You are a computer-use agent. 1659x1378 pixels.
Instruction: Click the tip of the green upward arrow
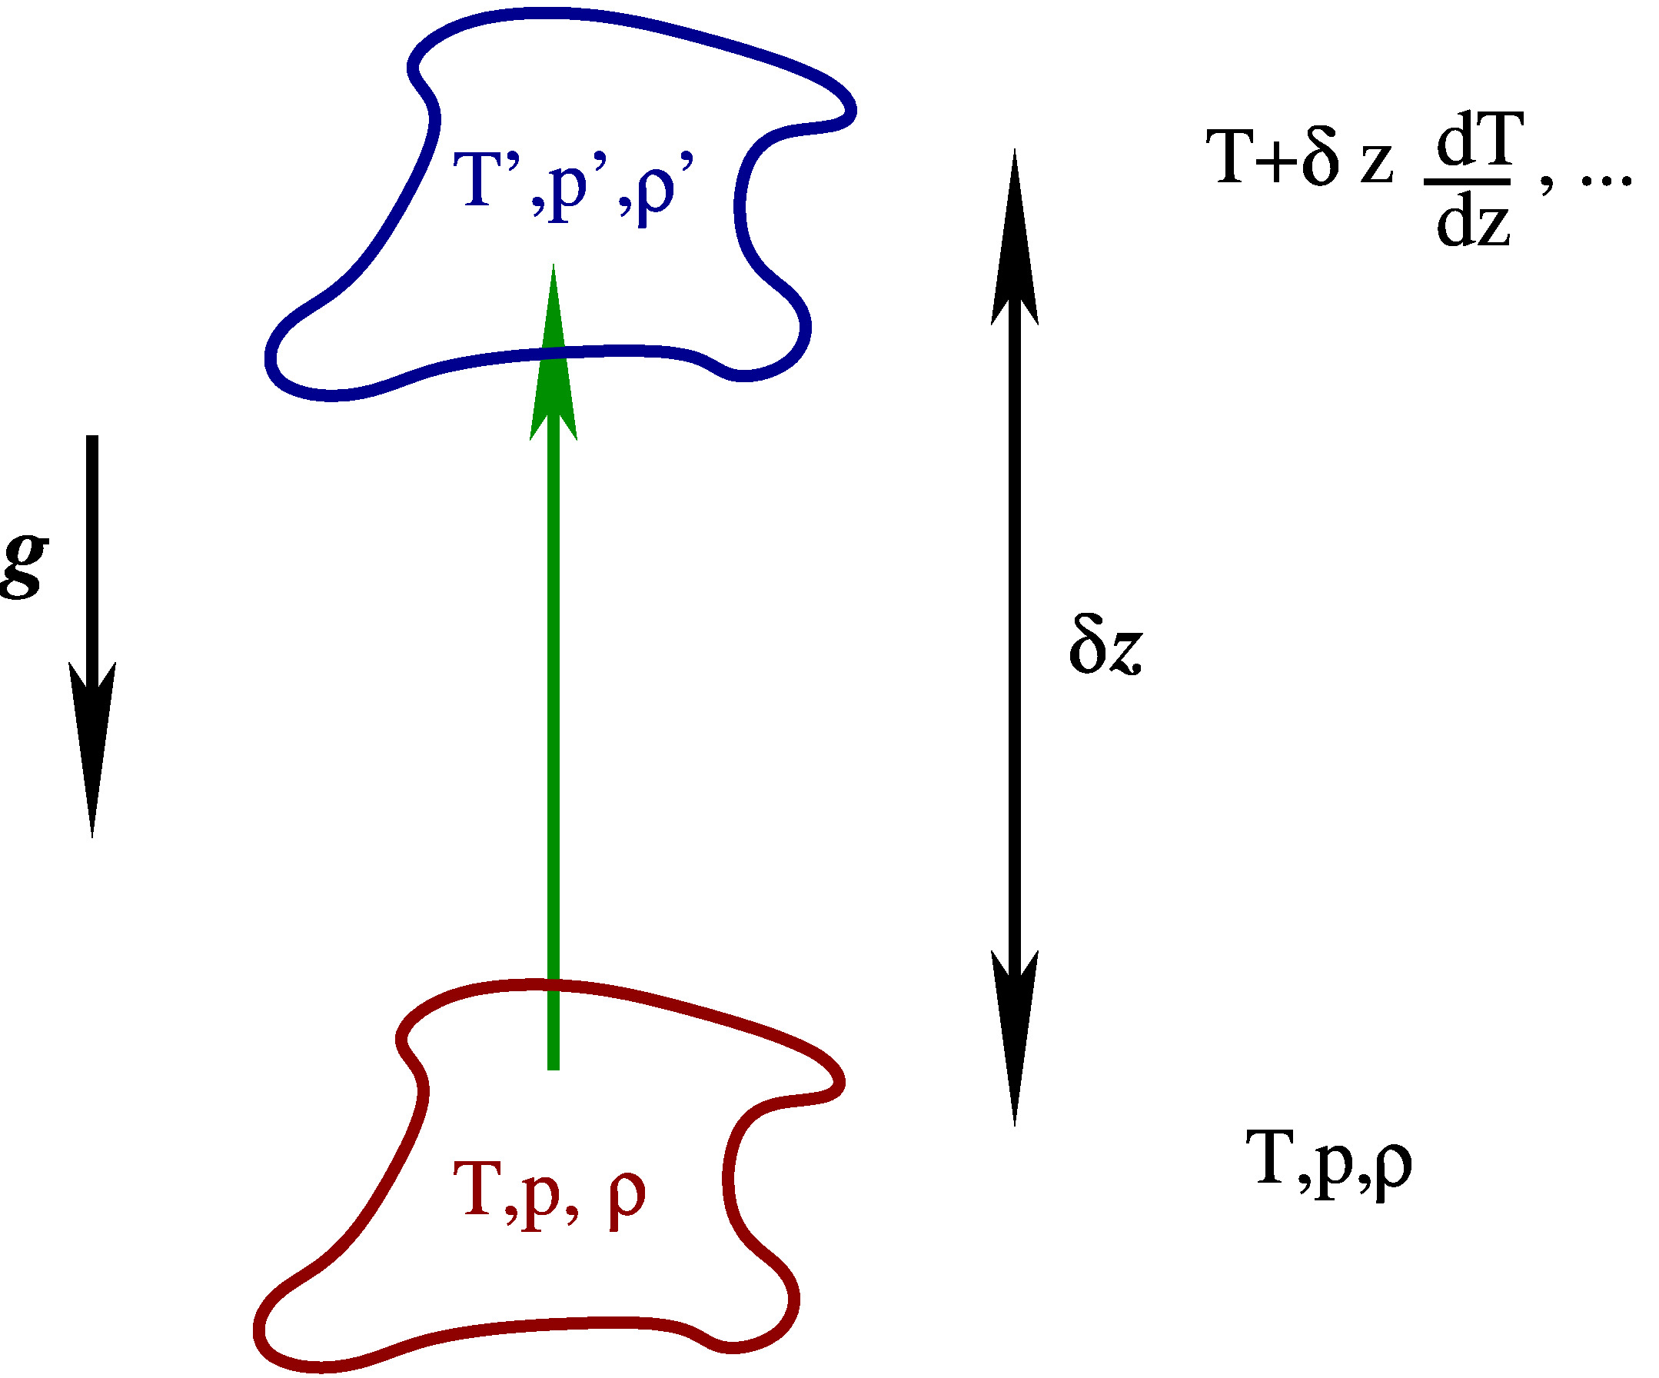click(x=553, y=265)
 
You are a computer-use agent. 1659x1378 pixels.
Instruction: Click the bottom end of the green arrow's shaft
click(x=553, y=1070)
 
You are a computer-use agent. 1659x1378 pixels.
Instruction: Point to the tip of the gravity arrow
click(x=92, y=837)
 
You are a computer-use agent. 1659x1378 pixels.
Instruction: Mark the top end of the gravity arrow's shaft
click(x=92, y=436)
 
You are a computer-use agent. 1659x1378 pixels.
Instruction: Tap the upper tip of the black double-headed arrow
click(x=1014, y=149)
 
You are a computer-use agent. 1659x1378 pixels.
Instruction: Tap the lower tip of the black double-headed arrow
click(x=1014, y=1126)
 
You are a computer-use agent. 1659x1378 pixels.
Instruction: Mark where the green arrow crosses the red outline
click(x=553, y=984)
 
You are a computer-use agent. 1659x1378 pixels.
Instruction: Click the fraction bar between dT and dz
click(x=1467, y=182)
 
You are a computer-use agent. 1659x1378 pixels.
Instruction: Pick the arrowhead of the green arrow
click(x=553, y=351)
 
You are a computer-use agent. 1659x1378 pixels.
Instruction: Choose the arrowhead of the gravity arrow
click(x=92, y=751)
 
